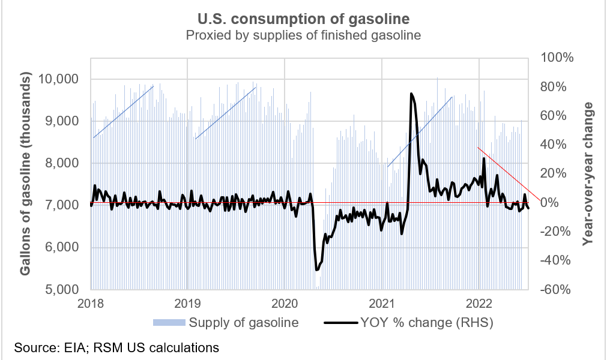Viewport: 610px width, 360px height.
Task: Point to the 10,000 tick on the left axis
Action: [x=62, y=79]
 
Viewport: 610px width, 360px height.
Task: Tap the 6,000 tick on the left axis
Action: [x=65, y=248]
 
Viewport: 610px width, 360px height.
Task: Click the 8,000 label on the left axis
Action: [x=65, y=163]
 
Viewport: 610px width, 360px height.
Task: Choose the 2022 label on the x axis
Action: [x=480, y=303]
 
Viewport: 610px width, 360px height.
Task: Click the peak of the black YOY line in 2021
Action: [x=411, y=94]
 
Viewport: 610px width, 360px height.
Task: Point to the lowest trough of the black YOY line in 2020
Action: [x=316, y=270]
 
